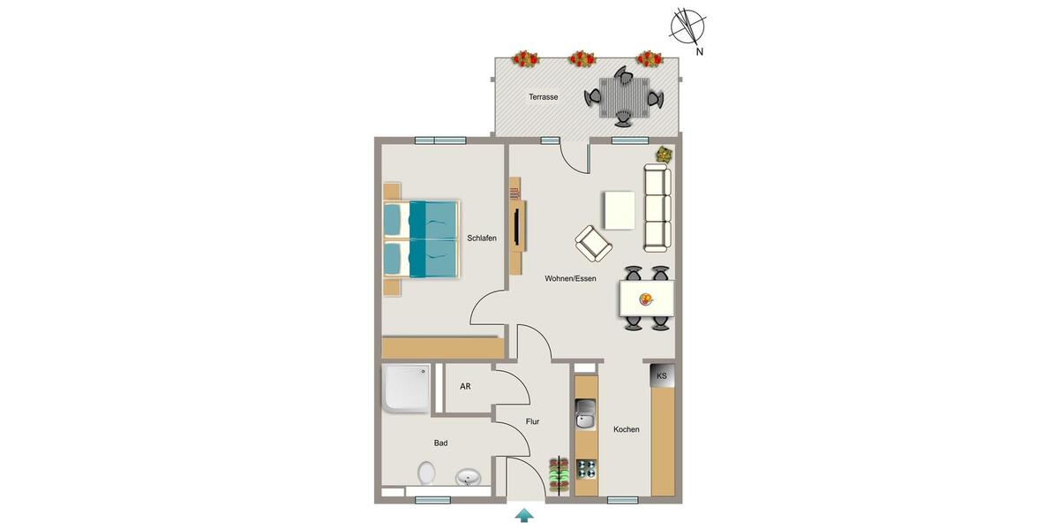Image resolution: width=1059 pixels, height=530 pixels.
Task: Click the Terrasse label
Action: [543, 97]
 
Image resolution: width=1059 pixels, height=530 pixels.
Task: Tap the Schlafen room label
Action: [482, 238]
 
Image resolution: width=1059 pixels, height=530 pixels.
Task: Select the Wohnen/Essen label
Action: [570, 278]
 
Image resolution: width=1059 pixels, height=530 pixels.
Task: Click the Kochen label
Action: [627, 429]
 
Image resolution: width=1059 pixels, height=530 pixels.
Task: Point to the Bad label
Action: [440, 443]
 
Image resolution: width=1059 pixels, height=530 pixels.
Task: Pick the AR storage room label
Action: [465, 387]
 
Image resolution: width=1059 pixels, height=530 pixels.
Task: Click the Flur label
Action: [532, 422]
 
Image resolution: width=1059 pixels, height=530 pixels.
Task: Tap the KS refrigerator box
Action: [662, 376]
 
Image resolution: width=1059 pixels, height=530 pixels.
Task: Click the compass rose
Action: [687, 26]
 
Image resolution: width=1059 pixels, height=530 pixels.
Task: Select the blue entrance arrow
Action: [524, 515]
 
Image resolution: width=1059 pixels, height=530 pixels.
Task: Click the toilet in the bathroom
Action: [426, 473]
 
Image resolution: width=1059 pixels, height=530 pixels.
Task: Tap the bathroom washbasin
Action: [468, 479]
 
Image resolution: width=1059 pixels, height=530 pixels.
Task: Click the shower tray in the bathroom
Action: [406, 389]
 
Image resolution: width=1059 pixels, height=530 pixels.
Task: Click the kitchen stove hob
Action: [585, 470]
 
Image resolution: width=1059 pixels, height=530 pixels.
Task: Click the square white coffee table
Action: [620, 210]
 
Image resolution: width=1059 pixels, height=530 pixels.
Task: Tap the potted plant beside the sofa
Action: [662, 155]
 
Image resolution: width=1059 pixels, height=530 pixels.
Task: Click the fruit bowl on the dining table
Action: [646, 299]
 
